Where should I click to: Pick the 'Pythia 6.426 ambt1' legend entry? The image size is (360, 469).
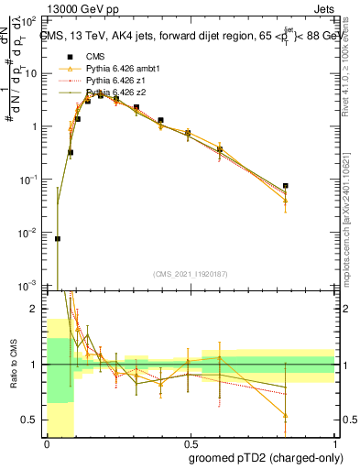(x=116, y=69)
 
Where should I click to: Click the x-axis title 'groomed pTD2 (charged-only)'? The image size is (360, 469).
(x=256, y=456)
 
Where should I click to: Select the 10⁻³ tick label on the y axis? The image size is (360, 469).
(x=30, y=286)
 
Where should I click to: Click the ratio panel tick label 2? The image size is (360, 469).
(x=37, y=310)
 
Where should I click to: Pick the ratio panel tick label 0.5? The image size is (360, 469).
(x=33, y=420)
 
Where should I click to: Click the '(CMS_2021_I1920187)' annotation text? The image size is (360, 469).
(x=190, y=273)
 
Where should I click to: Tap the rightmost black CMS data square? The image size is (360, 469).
(x=286, y=186)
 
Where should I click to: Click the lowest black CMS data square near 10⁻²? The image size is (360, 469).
(x=58, y=238)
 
